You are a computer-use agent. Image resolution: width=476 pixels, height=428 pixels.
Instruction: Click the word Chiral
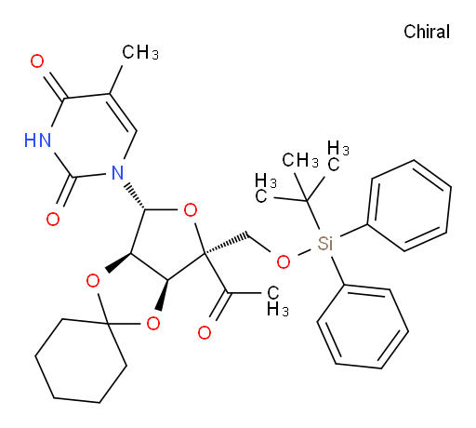pos(427,32)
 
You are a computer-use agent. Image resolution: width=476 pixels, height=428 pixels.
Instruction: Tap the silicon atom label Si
pos(325,244)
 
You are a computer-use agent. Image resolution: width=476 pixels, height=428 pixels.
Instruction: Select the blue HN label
pos(37,140)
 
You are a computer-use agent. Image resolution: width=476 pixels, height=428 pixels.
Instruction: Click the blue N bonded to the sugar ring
pos(117,172)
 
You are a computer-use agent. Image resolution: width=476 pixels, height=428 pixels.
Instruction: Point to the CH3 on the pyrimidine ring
pos(140,52)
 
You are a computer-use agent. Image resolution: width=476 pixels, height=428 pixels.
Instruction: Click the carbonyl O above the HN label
pos(37,61)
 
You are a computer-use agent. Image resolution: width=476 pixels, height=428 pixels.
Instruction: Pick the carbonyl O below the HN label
pos(53,220)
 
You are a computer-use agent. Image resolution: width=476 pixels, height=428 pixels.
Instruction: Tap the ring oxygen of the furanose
pos(191,210)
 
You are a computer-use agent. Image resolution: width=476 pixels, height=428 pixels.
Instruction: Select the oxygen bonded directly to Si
pos(284,262)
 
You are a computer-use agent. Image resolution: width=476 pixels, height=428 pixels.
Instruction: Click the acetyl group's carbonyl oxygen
pos(205,332)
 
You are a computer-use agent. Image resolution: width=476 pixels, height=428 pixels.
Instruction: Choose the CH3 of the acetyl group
pos(277,301)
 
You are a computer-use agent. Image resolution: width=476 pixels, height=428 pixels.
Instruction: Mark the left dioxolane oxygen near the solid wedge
pos(93,281)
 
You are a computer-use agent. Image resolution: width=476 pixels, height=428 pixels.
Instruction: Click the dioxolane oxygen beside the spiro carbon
pos(153,324)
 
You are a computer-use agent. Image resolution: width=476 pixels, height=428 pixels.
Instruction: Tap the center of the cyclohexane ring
pos(81,360)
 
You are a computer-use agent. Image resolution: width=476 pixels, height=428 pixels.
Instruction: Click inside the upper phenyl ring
pos(409,206)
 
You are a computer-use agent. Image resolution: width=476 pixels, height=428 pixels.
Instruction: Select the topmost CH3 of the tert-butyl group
pos(300,160)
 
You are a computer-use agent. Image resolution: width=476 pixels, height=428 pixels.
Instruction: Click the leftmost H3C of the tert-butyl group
pos(266,188)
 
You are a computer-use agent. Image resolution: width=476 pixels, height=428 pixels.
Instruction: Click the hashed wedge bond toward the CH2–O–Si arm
pos(226,244)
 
